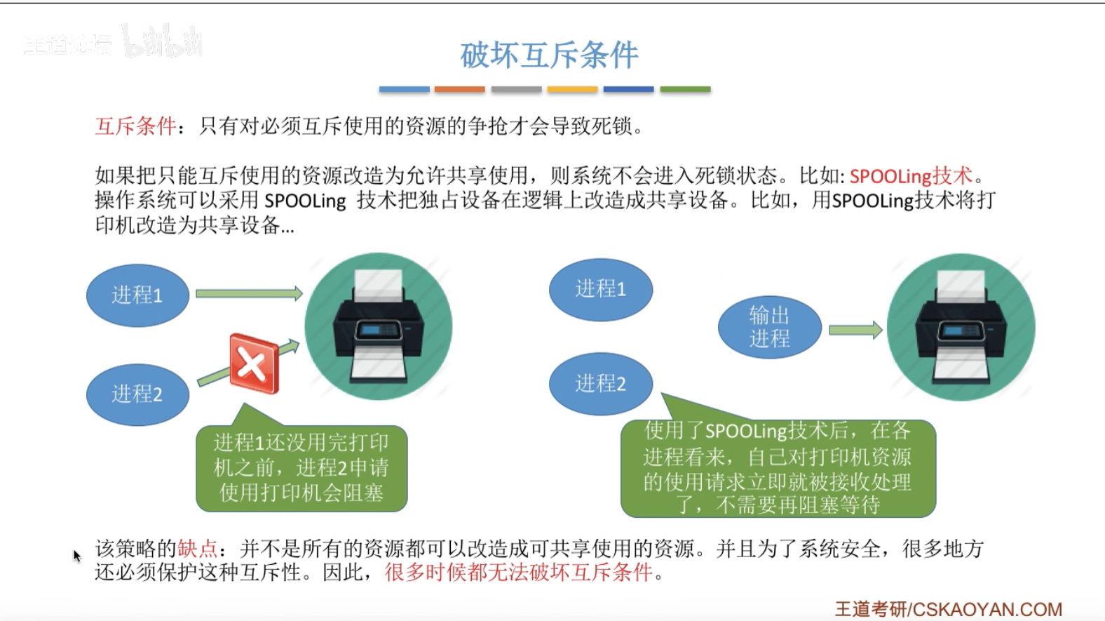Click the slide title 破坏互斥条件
tap(549, 55)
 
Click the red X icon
tap(254, 363)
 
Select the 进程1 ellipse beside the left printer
tap(137, 295)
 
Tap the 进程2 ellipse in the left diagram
tap(137, 394)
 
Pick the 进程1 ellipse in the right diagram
tap(600, 289)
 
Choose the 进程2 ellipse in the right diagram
tap(600, 384)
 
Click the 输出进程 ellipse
tap(769, 327)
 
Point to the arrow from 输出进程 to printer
tap(855, 330)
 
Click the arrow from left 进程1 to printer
tap(248, 293)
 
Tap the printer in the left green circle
tap(378, 327)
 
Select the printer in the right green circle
tap(961, 328)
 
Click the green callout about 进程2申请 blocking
tap(301, 468)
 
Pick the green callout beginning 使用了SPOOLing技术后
tap(778, 468)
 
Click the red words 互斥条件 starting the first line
tap(135, 126)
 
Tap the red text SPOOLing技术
tap(911, 175)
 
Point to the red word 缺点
tap(197, 549)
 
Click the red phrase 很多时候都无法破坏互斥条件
tap(519, 573)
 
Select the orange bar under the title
tap(459, 90)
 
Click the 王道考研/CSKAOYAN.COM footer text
tap(948, 609)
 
